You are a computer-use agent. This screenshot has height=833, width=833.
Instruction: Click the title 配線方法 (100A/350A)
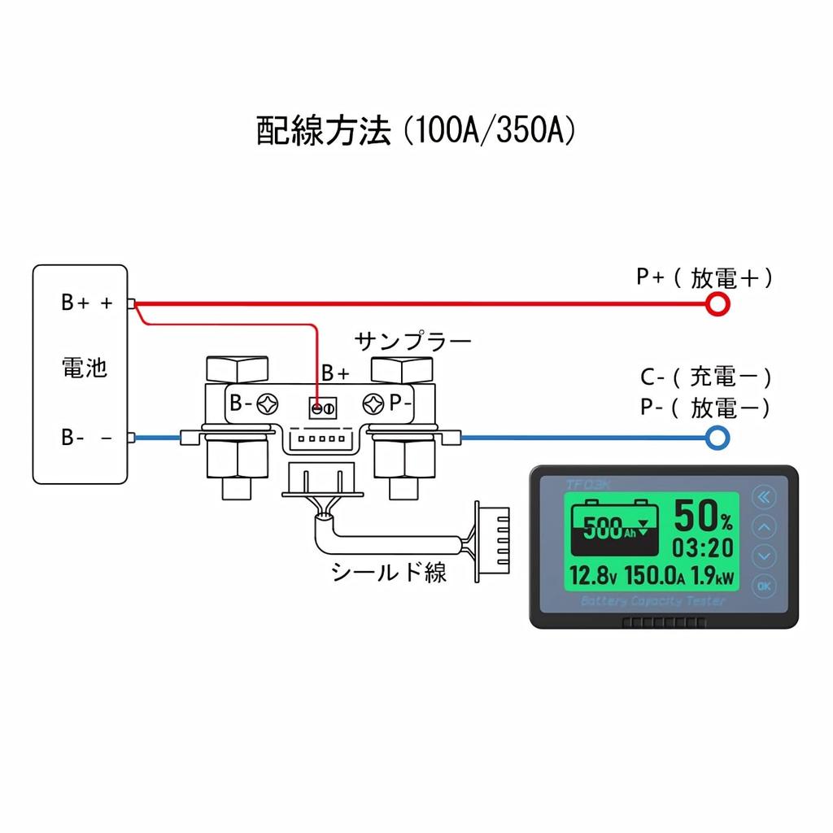pos(416,131)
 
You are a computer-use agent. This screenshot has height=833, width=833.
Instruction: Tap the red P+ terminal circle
pos(717,304)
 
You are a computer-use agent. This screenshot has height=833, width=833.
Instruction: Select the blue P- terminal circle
pos(717,438)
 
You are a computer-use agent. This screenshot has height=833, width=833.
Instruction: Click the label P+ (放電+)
pos(704,278)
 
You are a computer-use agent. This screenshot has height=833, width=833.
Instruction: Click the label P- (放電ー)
pos(705,407)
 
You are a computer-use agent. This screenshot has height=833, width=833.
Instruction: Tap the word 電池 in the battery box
pos(85,368)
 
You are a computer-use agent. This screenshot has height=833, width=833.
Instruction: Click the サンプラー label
pos(413,341)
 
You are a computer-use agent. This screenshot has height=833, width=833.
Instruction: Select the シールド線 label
pos(389,572)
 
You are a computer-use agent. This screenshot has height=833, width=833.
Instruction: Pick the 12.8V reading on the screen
pos(594,576)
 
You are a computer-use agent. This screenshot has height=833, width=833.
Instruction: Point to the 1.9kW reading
pos(713,576)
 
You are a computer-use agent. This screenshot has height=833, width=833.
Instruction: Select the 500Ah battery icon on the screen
pos(615,528)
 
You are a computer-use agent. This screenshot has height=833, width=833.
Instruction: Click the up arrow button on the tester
pos(765,527)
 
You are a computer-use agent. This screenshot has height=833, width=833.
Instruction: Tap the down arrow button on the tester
pos(765,556)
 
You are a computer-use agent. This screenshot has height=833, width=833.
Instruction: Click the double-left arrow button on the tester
pos(765,497)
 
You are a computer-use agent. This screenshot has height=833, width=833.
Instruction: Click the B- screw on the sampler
pos(268,403)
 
